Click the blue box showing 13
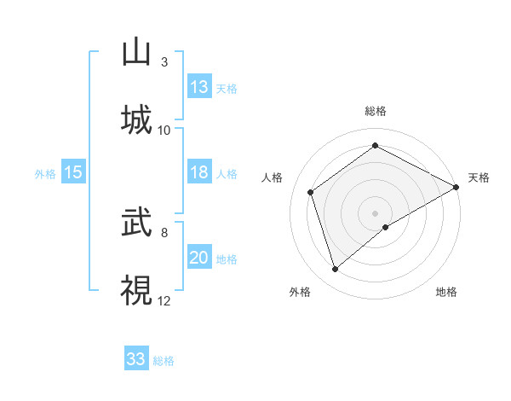[x=199, y=87]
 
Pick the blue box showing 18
[x=199, y=172]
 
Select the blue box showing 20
[x=199, y=258]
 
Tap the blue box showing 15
[x=73, y=172]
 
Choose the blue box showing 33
[x=136, y=359]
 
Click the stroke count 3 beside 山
[x=164, y=62]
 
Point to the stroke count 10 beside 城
[x=164, y=130]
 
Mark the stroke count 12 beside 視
[x=164, y=300]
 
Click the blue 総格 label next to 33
[x=164, y=361]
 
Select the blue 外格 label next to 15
[x=45, y=174]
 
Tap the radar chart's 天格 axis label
[x=479, y=177]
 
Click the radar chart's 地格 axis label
[x=446, y=292]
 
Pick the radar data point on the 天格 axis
[x=456, y=186]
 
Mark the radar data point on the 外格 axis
[x=336, y=270]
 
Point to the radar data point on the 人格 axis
[x=311, y=192]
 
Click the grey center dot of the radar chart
[x=376, y=212]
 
